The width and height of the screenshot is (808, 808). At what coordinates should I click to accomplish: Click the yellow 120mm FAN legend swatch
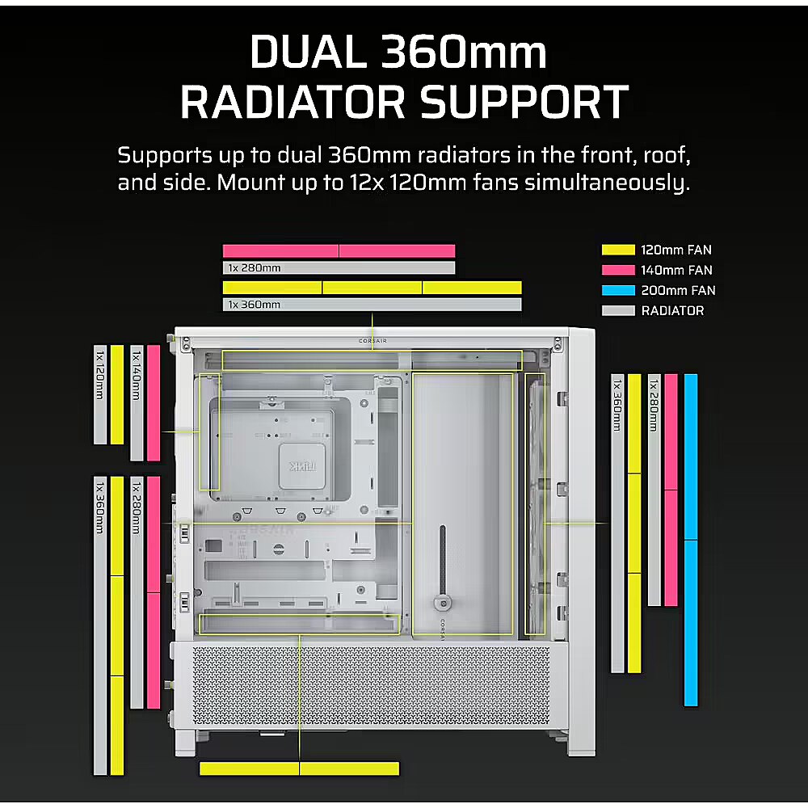click(x=618, y=250)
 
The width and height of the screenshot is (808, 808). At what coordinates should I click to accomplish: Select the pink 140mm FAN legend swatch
click(x=618, y=270)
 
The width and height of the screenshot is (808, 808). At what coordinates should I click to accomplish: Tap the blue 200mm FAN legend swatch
click(x=618, y=290)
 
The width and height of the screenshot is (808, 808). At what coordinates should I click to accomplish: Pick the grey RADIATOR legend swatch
click(x=618, y=310)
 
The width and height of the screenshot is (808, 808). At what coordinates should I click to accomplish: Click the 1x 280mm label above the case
click(x=255, y=268)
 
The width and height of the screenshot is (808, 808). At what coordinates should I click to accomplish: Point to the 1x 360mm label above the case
click(x=255, y=305)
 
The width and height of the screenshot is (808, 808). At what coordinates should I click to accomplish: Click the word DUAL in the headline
click(x=307, y=52)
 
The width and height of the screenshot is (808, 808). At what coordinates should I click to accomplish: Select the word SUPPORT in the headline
click(x=524, y=102)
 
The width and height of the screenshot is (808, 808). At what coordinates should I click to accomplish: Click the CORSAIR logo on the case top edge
click(x=372, y=341)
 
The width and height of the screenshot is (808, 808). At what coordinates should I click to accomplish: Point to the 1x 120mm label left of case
click(x=100, y=375)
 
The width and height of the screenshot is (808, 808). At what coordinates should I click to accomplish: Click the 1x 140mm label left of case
click(x=137, y=376)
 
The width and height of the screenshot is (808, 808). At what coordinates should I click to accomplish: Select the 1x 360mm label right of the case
click(x=617, y=405)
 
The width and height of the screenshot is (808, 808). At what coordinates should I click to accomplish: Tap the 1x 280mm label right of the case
click(x=654, y=405)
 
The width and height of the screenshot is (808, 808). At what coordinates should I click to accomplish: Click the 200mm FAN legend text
click(x=678, y=291)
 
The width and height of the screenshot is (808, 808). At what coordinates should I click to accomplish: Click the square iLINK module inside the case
click(x=302, y=466)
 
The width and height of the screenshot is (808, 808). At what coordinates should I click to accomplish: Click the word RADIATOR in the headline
click(x=292, y=102)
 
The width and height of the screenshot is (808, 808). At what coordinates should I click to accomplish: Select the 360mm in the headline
click(x=464, y=52)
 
